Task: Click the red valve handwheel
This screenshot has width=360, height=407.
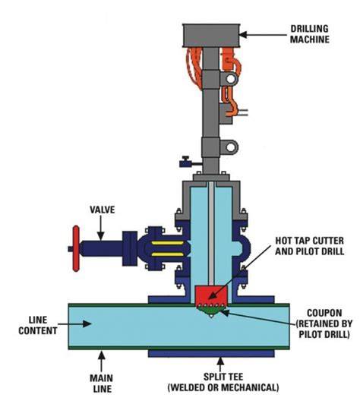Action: click(76, 248)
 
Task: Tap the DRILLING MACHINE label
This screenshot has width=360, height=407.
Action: click(309, 34)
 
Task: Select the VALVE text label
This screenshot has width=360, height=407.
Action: click(102, 210)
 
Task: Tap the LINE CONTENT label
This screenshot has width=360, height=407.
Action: click(38, 326)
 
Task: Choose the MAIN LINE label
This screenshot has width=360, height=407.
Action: click(101, 383)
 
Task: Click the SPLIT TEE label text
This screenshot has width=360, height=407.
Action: click(223, 382)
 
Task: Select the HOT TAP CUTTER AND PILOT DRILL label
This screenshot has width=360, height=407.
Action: click(309, 246)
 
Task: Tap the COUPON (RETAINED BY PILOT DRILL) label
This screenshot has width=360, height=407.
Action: click(324, 323)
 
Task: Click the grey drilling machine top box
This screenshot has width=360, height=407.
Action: click(211, 36)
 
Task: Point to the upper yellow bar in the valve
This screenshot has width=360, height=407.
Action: click(167, 243)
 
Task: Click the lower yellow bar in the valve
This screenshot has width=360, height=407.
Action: click(167, 254)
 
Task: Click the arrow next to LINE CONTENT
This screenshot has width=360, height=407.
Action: click(74, 323)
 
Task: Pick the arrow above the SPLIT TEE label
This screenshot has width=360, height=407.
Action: click(220, 364)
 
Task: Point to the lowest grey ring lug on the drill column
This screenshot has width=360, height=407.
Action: click(229, 147)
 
